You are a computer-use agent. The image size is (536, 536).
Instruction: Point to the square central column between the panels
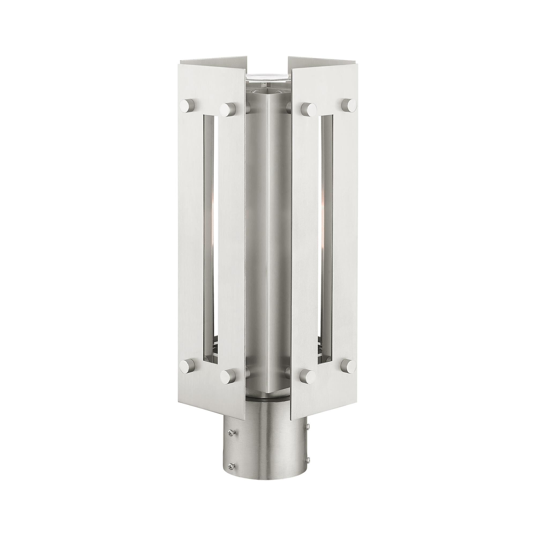[268, 236]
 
